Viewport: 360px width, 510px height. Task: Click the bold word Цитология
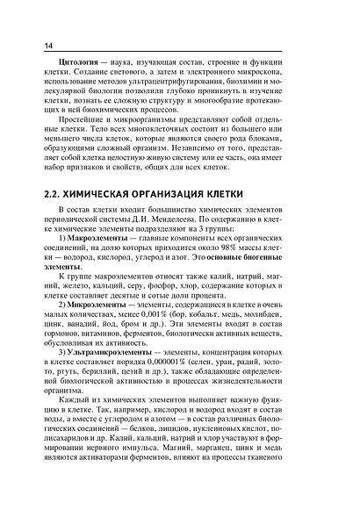click(x=78, y=67)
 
